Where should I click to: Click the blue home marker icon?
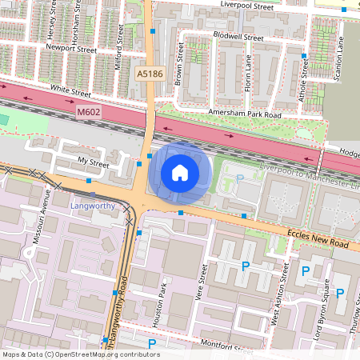pyautogui.click(x=180, y=172)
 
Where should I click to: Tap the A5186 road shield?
pyautogui.click(x=150, y=73)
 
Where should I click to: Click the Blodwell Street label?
pyautogui.click(x=238, y=37)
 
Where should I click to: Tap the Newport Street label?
pyautogui.click(x=71, y=49)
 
